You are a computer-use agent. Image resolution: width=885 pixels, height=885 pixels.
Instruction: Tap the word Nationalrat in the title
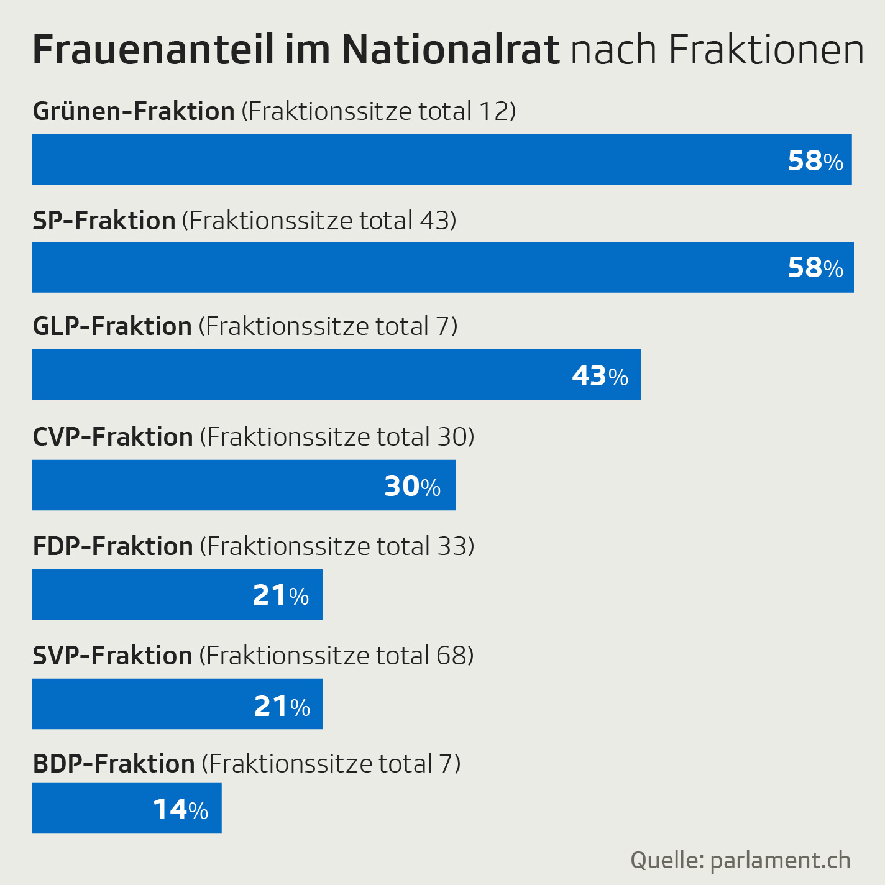[451, 50]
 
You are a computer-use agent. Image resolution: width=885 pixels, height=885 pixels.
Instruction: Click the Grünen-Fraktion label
[134, 112]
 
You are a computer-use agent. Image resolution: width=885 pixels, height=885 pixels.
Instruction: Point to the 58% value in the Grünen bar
[815, 161]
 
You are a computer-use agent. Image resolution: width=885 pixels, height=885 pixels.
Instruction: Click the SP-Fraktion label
[104, 221]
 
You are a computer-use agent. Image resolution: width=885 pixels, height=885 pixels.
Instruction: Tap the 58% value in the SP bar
[815, 268]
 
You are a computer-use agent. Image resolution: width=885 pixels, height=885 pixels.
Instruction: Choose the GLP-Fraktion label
[112, 327]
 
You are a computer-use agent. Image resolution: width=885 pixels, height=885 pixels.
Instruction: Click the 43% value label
[600, 376]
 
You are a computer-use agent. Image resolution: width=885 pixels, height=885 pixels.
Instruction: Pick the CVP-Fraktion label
[113, 438]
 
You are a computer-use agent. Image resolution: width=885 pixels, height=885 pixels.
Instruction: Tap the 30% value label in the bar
[412, 487]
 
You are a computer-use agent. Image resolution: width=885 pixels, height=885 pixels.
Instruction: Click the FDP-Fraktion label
[113, 547]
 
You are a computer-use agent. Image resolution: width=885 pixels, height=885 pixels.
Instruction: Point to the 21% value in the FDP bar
[280, 596]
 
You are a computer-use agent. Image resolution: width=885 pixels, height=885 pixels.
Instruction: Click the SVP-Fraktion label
[112, 656]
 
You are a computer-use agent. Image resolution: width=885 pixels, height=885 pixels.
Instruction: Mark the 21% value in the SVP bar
[282, 707]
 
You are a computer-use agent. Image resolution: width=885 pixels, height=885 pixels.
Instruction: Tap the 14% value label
[180, 810]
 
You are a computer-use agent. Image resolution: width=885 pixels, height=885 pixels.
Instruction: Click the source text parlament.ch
[780, 861]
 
